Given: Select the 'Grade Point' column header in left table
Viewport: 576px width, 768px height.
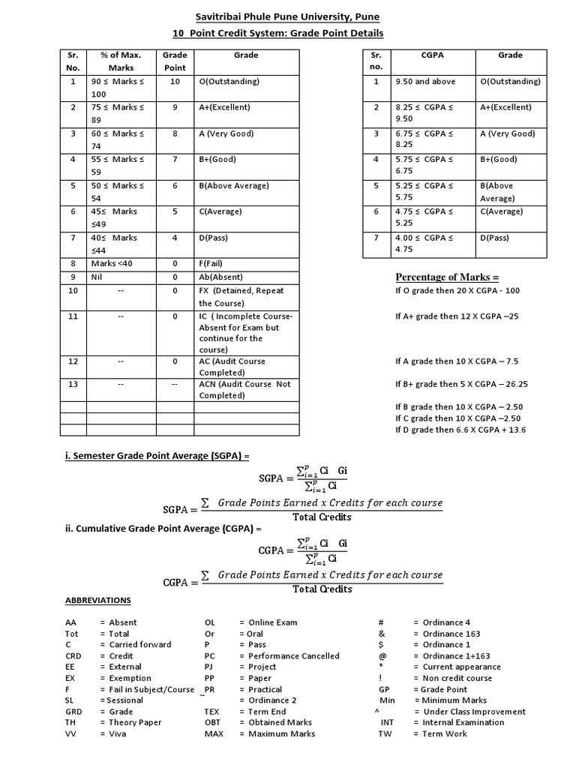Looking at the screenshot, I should tap(175, 61).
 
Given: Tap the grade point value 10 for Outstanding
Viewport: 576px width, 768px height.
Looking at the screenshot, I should tap(175, 82).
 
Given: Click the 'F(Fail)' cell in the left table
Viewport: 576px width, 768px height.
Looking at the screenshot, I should tap(216, 264).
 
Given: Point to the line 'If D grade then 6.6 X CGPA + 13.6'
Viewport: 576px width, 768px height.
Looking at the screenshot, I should tap(460, 430).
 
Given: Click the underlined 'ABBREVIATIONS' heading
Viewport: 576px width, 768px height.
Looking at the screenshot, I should tap(97, 601).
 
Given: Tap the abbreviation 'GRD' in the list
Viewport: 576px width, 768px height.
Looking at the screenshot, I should tap(73, 712).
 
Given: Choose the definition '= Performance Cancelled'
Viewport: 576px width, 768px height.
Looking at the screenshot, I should tap(289, 656).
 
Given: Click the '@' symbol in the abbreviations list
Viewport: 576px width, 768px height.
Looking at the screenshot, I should tap(382, 656).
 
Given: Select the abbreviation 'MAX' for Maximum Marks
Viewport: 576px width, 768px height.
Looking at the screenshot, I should tap(214, 734).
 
